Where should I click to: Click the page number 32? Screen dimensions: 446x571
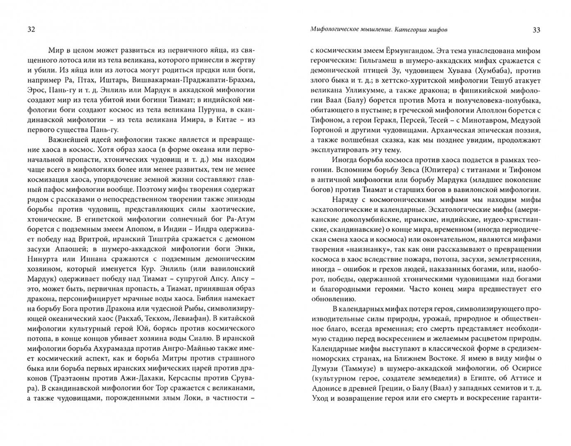[24, 29]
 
